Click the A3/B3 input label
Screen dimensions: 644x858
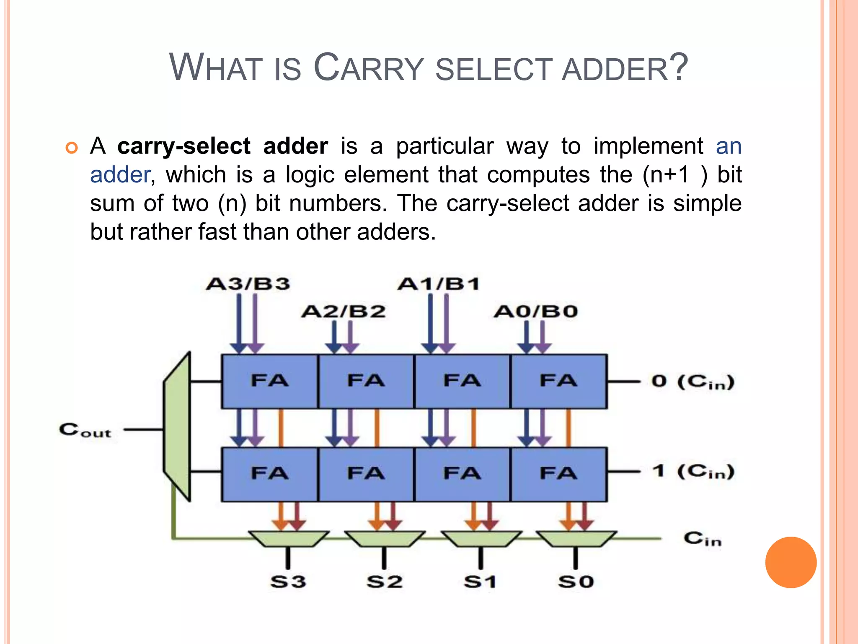248,284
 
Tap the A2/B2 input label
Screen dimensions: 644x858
344,312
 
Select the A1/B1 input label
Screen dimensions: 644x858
439,284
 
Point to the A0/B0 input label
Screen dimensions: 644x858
535,312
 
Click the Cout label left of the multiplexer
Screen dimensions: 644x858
85,430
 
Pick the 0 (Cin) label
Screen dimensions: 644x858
693,382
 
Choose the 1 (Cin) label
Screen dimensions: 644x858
693,472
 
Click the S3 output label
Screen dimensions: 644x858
288,582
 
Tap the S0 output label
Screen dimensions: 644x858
576,582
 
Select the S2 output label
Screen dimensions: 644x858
384,582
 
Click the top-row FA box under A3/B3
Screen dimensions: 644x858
270,381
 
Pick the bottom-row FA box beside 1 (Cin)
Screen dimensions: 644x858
559,474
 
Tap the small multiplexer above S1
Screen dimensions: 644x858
481,539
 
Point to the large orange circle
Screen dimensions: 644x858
791,562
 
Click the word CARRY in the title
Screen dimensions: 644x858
369,68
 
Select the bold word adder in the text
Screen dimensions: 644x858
295,146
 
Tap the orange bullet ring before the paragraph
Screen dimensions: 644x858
72,148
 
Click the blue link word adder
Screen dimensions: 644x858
120,175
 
